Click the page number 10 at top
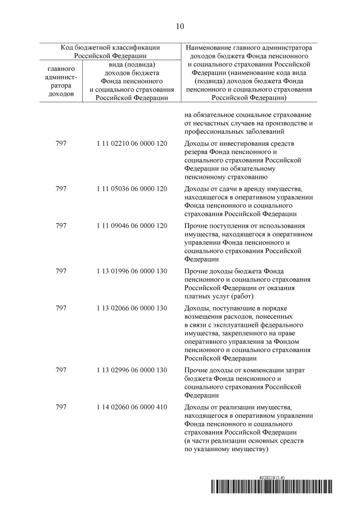(x=180, y=26)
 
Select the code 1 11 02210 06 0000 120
(x=132, y=143)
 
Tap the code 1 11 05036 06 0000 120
(x=132, y=188)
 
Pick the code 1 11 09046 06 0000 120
(x=132, y=226)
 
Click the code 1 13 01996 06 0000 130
(x=132, y=271)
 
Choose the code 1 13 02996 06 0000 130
(x=132, y=370)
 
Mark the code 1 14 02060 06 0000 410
(x=132, y=407)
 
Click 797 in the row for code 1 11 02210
(x=61, y=143)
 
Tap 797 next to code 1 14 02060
(x=61, y=407)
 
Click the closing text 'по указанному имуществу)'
(x=226, y=449)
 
